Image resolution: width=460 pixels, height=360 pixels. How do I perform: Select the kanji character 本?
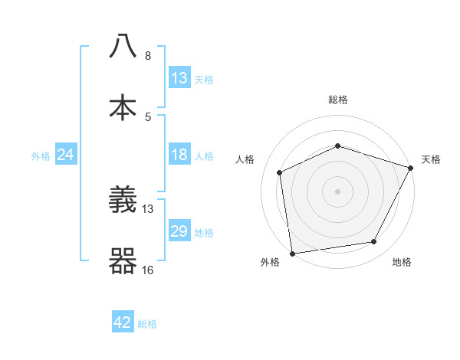click(x=123, y=106)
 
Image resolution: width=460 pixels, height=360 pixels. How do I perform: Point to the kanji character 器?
click(x=123, y=261)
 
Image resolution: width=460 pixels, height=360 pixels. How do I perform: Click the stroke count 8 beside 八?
click(x=148, y=56)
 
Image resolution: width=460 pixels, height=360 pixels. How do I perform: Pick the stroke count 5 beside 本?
click(x=148, y=116)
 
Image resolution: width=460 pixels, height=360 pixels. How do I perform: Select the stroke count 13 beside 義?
click(x=149, y=208)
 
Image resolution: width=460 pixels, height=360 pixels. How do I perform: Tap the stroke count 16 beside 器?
click(x=149, y=270)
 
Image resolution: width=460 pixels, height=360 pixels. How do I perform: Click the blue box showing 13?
click(x=179, y=78)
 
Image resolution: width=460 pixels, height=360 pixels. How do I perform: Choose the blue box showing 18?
click(x=179, y=155)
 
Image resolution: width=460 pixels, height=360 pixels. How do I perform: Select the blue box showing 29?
click(x=179, y=231)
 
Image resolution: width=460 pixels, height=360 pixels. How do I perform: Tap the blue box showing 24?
click(x=66, y=155)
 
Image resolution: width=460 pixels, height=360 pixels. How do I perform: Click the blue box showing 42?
click(x=123, y=322)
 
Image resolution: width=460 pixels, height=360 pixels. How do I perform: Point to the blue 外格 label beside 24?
click(x=41, y=156)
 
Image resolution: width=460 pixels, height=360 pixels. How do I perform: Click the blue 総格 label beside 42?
click(x=147, y=324)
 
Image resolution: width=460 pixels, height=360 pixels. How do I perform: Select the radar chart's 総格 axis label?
click(x=337, y=100)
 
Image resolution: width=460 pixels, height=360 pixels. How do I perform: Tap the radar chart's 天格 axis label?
click(x=431, y=159)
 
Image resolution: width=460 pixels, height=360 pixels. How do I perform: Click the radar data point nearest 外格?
click(x=292, y=253)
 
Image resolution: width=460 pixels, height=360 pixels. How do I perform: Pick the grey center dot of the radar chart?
click(x=337, y=191)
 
